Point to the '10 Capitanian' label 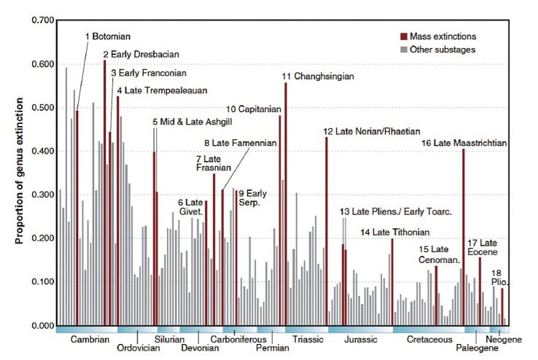click(254, 109)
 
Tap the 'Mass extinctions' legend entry click(443, 36)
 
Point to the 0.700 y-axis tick click(39, 20)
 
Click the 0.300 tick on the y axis click(39, 195)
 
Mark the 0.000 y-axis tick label click(39, 326)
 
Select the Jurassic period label click(359, 340)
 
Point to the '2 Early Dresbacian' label click(141, 54)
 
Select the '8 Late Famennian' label click(241, 144)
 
